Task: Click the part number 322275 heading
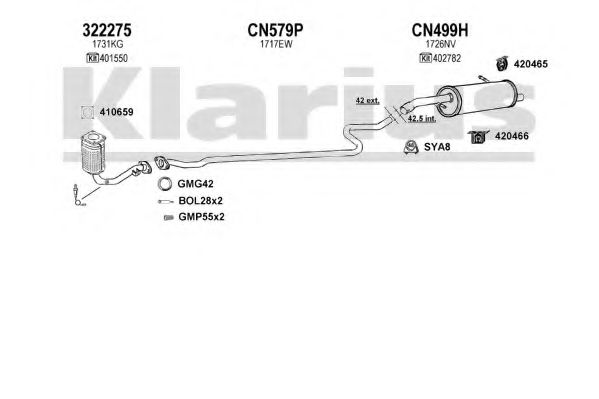(x=107, y=30)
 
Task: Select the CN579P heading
(x=275, y=30)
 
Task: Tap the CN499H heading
(x=440, y=30)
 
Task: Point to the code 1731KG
(x=107, y=44)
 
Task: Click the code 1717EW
(x=276, y=44)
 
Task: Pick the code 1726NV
(x=441, y=44)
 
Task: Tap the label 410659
(x=117, y=112)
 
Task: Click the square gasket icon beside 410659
(x=87, y=112)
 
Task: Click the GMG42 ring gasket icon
(x=165, y=184)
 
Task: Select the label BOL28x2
(x=201, y=201)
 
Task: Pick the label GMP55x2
(x=201, y=217)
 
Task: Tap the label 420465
(x=531, y=64)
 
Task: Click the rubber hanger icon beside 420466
(x=478, y=136)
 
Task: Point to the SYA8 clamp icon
(x=411, y=147)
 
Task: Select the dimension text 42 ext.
(x=367, y=101)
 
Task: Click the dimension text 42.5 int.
(x=422, y=118)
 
